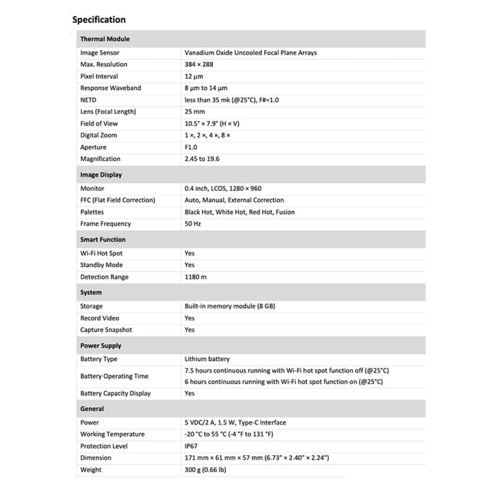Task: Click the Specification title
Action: [99, 20]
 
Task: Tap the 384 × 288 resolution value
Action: [198, 64]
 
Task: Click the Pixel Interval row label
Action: [99, 76]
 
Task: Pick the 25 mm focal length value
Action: [195, 112]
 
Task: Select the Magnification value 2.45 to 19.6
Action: [201, 159]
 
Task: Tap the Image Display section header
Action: [101, 175]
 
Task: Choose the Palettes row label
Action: [92, 212]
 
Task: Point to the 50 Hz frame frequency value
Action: [193, 224]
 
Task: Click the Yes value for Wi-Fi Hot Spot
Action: [190, 253]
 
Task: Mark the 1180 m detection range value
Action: [196, 277]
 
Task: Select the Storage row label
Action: [92, 306]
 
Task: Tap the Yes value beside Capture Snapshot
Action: [190, 330]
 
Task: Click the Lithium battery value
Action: [207, 359]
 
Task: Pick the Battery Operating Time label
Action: [114, 376]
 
